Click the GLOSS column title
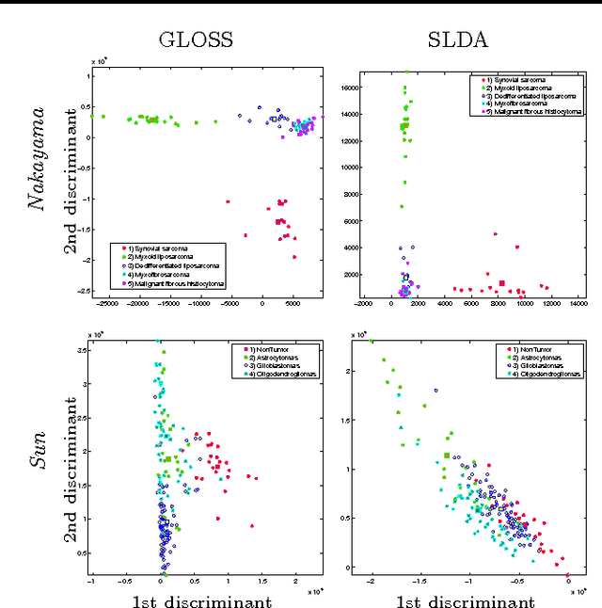pyautogui.click(x=196, y=40)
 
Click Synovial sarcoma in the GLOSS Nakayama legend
pyautogui.click(x=150, y=247)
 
